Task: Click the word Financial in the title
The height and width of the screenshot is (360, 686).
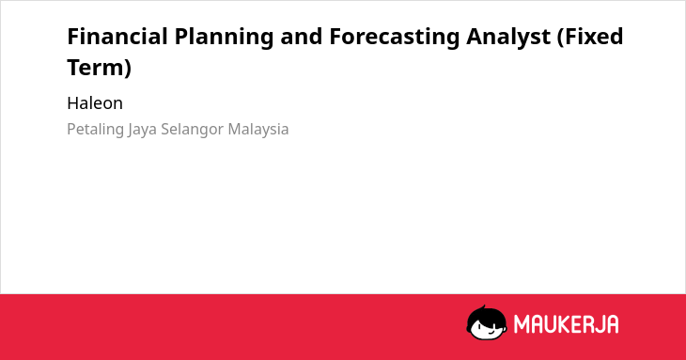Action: pyautogui.click(x=117, y=37)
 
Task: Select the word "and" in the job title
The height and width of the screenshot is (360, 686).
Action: pyautogui.click(x=301, y=37)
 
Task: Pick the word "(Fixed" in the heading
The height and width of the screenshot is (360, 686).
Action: pyautogui.click(x=590, y=38)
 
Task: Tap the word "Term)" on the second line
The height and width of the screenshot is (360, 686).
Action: pyautogui.click(x=100, y=69)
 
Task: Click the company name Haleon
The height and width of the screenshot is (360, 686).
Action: pyautogui.click(x=95, y=103)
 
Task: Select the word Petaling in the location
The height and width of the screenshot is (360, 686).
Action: pyautogui.click(x=95, y=130)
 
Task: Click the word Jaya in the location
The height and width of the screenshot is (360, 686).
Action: pyautogui.click(x=142, y=130)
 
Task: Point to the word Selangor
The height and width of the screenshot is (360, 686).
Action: pyautogui.click(x=193, y=130)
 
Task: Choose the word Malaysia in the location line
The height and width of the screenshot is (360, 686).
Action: pyautogui.click(x=258, y=130)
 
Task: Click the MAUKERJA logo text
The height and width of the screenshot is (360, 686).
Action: pyautogui.click(x=566, y=324)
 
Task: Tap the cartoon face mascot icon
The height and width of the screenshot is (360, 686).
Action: pyautogui.click(x=487, y=323)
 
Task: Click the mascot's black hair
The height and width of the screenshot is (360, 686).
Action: pyautogui.click(x=487, y=314)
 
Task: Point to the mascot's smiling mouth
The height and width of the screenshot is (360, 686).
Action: pyautogui.click(x=491, y=333)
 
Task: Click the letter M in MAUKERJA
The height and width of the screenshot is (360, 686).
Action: pyautogui.click(x=522, y=324)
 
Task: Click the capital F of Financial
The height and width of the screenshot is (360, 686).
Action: pyautogui.click(x=73, y=37)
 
